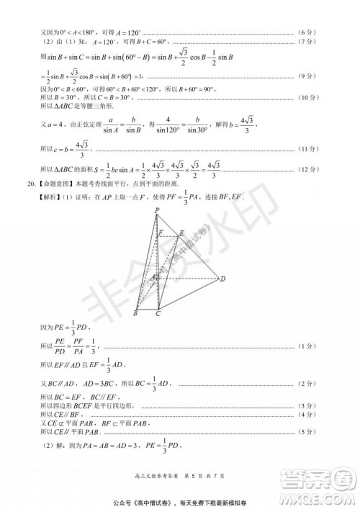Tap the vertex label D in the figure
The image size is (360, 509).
pyautogui.click(x=222, y=279)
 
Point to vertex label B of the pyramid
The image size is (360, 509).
pyautogui.click(x=135, y=312)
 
